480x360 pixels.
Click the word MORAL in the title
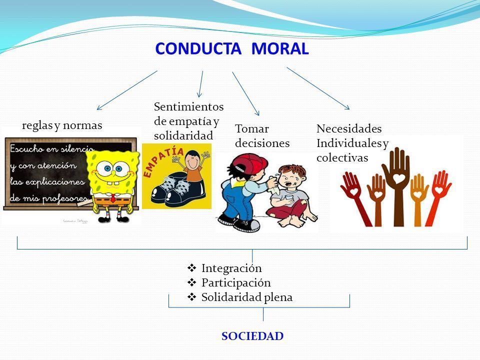280,48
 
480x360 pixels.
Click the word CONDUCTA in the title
198,48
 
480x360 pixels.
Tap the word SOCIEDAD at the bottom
252,336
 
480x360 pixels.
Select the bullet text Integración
231,268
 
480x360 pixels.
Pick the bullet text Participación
236,282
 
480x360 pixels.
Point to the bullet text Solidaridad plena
246,297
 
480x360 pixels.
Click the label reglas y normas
62,125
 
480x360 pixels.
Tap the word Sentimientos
189,106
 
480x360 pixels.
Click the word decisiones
262,143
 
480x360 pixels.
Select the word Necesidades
349,128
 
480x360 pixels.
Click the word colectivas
342,157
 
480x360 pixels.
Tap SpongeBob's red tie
113,198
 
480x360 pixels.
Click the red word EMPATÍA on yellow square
163,161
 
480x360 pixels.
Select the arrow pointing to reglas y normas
127,90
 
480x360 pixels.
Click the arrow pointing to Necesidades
318,88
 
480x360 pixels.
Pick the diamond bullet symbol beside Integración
191,268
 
